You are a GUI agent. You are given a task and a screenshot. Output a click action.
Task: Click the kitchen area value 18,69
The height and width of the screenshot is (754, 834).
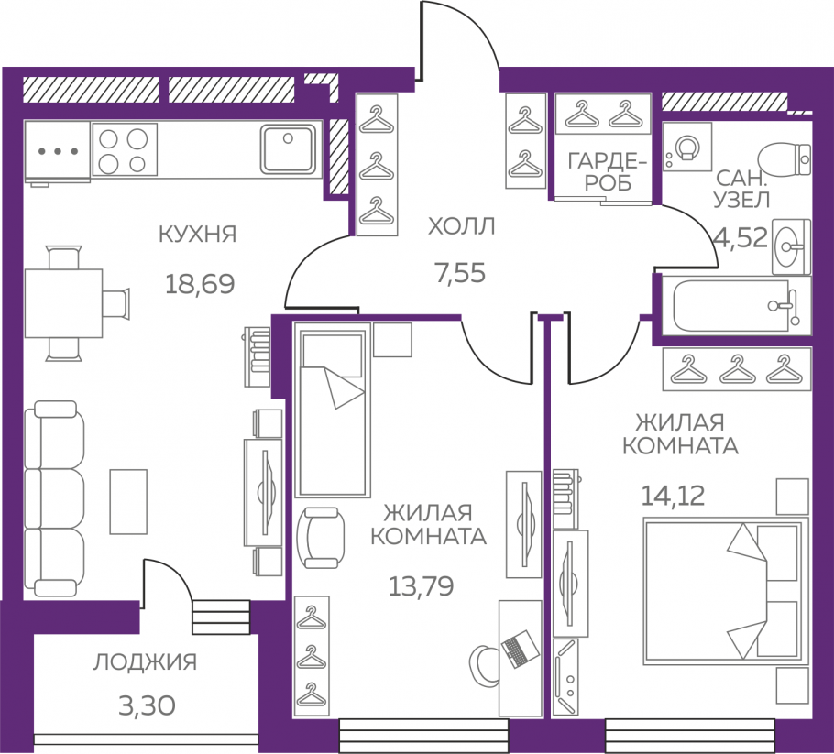pyautogui.click(x=200, y=284)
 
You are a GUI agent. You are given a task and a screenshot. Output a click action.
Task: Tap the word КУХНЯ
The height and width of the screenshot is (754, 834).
pyautogui.click(x=197, y=234)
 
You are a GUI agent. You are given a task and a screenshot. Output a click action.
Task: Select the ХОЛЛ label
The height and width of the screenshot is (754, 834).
pyautogui.click(x=461, y=226)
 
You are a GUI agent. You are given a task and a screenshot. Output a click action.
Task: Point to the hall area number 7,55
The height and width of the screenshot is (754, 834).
pyautogui.click(x=460, y=273)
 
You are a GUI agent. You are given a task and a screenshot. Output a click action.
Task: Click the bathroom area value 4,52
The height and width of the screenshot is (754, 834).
pyautogui.click(x=741, y=237)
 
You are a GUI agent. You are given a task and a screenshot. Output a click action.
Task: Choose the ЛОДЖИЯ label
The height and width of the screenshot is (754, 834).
pyautogui.click(x=145, y=662)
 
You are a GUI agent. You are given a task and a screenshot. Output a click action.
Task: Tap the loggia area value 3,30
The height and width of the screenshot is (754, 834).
pyautogui.click(x=147, y=706)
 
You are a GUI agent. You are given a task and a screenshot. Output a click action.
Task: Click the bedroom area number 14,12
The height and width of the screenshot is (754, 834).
pyautogui.click(x=673, y=497)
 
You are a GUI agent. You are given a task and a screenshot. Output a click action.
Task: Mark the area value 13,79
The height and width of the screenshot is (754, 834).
pyautogui.click(x=422, y=586)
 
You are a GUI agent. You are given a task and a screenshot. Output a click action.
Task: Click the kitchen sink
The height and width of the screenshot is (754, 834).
pyautogui.click(x=288, y=149)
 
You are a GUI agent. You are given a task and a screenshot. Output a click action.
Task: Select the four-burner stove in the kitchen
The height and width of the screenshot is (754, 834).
pyautogui.click(x=125, y=149)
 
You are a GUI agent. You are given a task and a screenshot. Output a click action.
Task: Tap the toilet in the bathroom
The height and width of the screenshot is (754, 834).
pyautogui.click(x=785, y=158)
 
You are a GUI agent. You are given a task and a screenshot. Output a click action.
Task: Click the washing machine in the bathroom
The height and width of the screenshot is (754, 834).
pyautogui.click(x=687, y=147)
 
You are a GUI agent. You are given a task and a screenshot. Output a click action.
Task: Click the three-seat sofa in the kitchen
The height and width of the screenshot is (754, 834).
pyautogui.click(x=54, y=498)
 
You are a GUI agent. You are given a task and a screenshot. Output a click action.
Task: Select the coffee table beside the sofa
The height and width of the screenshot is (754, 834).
pyautogui.click(x=128, y=501)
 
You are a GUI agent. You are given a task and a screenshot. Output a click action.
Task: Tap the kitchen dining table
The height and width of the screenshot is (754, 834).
pyautogui.click(x=63, y=303)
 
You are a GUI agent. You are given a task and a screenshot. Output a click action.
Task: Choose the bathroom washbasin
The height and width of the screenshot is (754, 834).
pyautogui.click(x=791, y=246)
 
